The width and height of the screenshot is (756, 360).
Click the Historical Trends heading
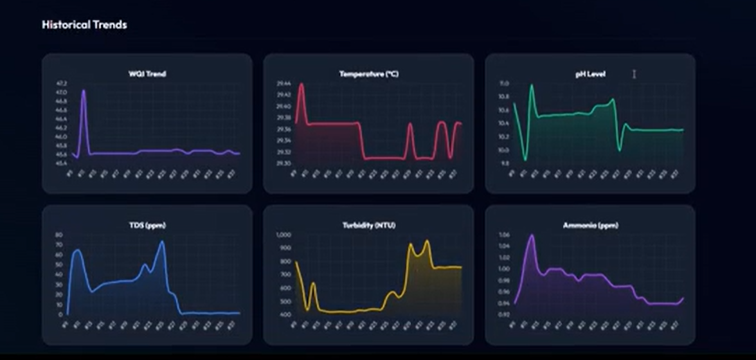pyautogui.click(x=84, y=25)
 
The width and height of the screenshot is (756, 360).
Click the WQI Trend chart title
pyautogui.click(x=147, y=74)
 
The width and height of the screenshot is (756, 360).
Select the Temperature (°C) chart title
pyautogui.click(x=368, y=74)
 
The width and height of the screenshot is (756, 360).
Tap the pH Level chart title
pyautogui.click(x=590, y=74)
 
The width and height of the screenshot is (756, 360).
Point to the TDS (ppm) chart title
pyautogui.click(x=147, y=225)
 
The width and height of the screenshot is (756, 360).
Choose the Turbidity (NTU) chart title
pyautogui.click(x=368, y=225)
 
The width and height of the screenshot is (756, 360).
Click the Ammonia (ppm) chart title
pyautogui.click(x=590, y=225)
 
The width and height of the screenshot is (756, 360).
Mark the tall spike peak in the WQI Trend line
pyautogui.click(x=83, y=91)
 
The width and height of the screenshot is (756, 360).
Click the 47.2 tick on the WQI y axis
pyautogui.click(x=62, y=83)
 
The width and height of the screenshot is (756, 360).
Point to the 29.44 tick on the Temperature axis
pyautogui.click(x=283, y=84)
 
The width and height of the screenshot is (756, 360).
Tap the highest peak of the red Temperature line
pyautogui.click(x=301, y=84)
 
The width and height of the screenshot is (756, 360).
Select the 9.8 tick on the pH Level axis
pyautogui.click(x=504, y=163)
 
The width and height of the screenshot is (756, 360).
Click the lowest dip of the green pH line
pyautogui.click(x=525, y=160)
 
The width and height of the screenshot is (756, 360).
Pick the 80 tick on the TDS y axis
pyautogui.click(x=59, y=235)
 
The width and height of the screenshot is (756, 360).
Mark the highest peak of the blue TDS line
pyautogui.click(x=163, y=242)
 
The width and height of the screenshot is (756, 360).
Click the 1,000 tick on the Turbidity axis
pyautogui.click(x=284, y=235)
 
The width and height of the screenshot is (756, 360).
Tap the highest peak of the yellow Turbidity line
pyautogui.click(x=426, y=241)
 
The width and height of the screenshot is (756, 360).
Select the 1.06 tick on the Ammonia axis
pyautogui.click(x=504, y=235)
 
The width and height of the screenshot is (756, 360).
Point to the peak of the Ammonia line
pyautogui.click(x=532, y=235)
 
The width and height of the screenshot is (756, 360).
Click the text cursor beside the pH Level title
pyautogui.click(x=633, y=74)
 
